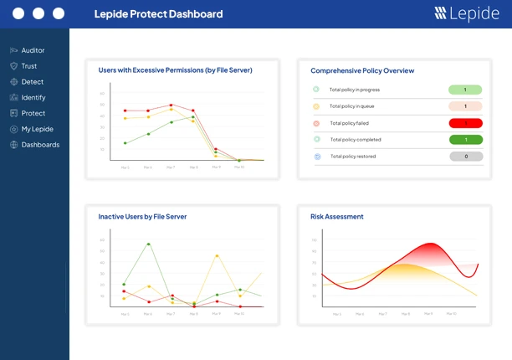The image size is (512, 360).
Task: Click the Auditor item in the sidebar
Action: [33, 50]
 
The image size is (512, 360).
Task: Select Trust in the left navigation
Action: [28, 66]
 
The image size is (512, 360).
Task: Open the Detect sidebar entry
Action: [32, 82]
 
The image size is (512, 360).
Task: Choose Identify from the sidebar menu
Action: [33, 97]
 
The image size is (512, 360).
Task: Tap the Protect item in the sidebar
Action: [33, 113]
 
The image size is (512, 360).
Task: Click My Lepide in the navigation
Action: [36, 129]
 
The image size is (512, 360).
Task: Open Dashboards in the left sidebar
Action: [39, 145]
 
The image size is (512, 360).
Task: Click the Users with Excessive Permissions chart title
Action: [175, 70]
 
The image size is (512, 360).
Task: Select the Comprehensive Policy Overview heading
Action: [362, 71]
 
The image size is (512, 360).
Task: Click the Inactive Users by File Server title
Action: [142, 217]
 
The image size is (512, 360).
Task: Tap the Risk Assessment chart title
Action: [337, 217]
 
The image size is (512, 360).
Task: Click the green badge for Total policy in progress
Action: [465, 90]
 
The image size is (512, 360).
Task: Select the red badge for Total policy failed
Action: [465, 123]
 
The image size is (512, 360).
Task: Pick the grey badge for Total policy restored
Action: [465, 157]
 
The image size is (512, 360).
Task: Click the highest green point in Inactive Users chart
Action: [148, 244]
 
